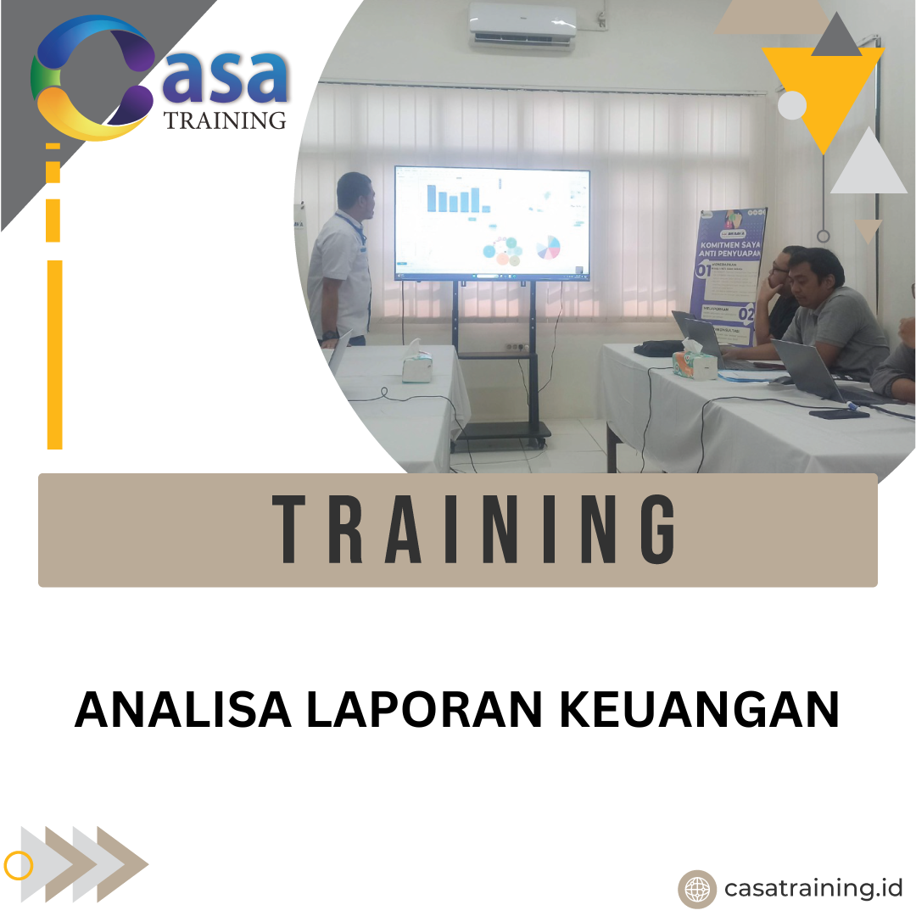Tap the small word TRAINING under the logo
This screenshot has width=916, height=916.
click(225, 120)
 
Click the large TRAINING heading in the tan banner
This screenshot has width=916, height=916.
click(475, 530)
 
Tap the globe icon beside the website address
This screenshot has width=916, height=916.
click(697, 889)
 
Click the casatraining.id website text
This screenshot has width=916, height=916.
click(813, 888)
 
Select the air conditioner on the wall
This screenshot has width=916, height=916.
click(522, 25)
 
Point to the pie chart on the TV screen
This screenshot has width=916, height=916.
click(549, 247)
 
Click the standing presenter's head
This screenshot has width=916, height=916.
click(355, 193)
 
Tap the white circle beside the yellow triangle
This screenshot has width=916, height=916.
click(792, 105)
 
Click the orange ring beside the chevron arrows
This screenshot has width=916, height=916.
click(19, 865)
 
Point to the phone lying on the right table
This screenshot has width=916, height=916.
click(838, 414)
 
